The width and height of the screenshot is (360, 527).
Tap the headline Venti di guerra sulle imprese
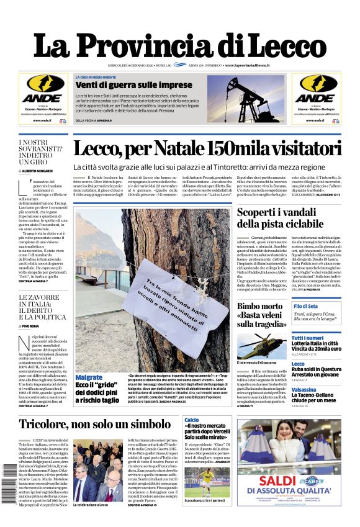pos(133,84)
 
